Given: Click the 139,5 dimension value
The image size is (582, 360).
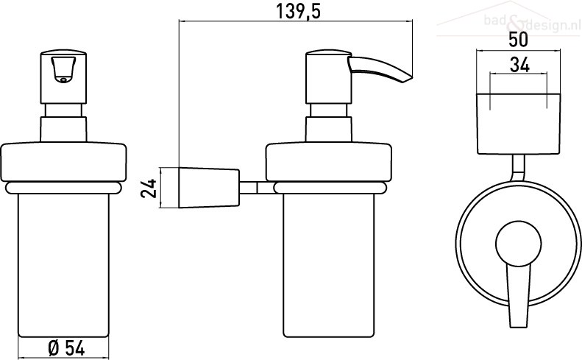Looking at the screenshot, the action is point(298,12).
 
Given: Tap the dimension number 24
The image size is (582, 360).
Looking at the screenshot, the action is point(149,188).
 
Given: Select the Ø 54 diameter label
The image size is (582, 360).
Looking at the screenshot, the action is point(66,348).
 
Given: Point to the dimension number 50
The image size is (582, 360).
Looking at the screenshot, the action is point(518,40).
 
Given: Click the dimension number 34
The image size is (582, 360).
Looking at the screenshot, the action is point(519,65).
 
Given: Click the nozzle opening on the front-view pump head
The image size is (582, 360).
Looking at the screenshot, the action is point(63,79).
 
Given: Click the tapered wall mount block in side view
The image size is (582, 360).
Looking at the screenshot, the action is point(209,188).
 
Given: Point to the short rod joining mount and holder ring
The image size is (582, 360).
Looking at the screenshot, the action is point(257,188).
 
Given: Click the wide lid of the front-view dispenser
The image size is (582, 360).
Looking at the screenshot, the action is point(63,163).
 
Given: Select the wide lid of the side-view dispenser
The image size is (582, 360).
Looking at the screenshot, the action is point(328,163).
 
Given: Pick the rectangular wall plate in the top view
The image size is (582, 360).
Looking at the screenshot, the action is point(519,124).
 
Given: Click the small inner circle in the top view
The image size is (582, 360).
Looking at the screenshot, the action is point(519,244).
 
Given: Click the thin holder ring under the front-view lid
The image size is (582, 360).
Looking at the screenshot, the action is point(63,188).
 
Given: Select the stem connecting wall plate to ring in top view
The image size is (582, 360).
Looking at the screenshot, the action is point(519,168).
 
